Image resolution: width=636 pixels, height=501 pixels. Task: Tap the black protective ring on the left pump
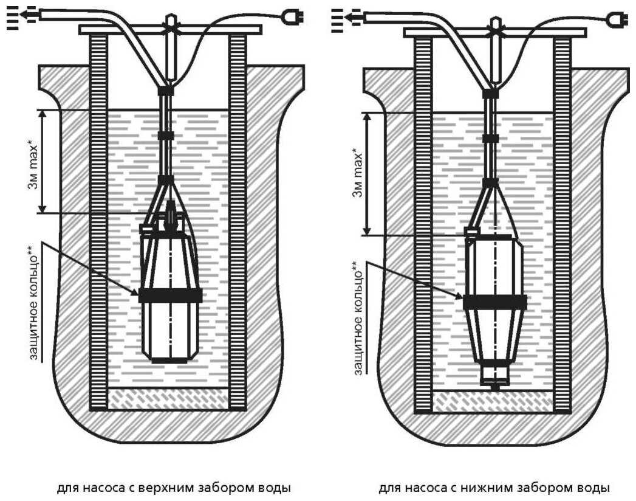pos(170,295)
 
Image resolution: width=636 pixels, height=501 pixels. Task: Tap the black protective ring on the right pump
pos(494,301)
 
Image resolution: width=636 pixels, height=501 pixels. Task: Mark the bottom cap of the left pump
pos(169,360)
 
